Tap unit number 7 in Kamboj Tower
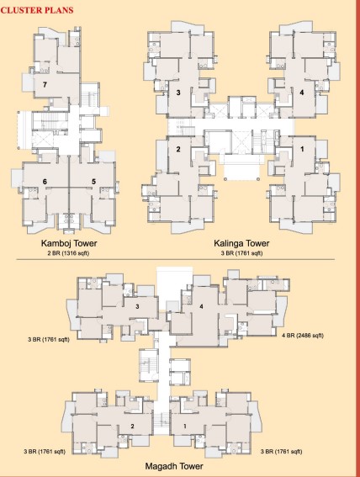click(44, 85)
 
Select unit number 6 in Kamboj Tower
click(45, 181)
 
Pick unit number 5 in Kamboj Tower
click(93, 181)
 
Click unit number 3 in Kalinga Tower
click(178, 92)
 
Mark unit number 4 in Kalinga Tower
click(301, 92)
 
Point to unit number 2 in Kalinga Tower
click(178, 150)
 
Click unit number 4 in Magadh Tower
click(201, 305)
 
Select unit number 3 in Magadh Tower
click(136, 308)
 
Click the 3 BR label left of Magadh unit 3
click(47, 339)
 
